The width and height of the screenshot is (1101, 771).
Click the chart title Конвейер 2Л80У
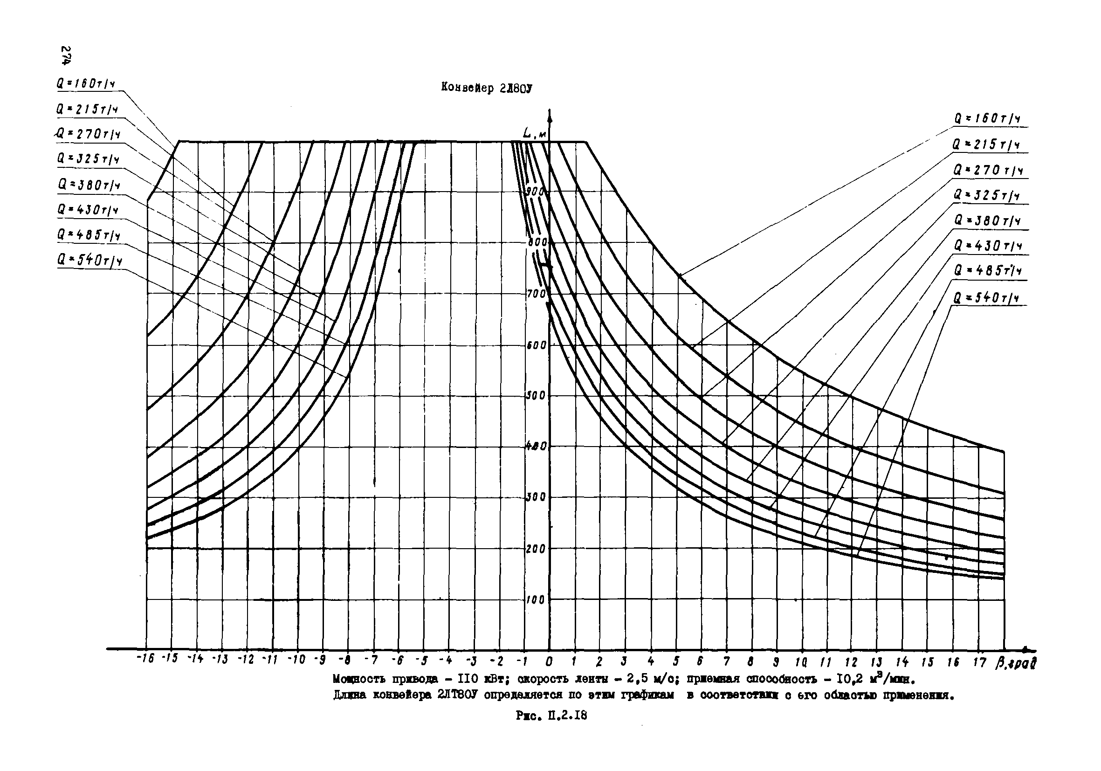[x=487, y=88]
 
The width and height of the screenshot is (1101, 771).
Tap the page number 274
[x=67, y=55]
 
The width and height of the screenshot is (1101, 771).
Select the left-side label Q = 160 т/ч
[x=85, y=84]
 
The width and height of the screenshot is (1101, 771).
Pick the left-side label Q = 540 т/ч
[x=89, y=261]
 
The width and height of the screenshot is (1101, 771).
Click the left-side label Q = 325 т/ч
[x=88, y=158]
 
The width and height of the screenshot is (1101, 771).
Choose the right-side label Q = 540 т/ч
[x=986, y=298]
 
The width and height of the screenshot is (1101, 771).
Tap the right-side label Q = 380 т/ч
[x=987, y=220]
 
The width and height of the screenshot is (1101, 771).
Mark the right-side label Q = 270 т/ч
[x=987, y=170]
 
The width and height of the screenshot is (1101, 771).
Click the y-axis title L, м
[x=534, y=135]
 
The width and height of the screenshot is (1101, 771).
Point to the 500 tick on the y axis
[x=536, y=396]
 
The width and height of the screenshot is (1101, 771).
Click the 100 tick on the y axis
[x=536, y=599]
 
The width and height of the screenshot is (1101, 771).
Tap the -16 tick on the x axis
[x=145, y=659]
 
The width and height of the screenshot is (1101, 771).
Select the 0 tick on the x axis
[x=549, y=661]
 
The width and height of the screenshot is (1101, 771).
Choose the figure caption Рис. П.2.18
[x=551, y=716]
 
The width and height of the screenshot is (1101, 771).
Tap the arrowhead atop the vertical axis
[x=550, y=114]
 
